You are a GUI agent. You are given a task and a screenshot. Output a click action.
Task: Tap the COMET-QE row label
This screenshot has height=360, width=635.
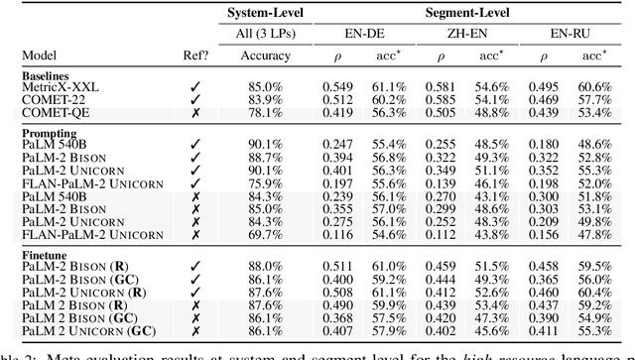click(x=41, y=112)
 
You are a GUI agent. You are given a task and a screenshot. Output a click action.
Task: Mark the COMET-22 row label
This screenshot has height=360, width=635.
click(x=39, y=100)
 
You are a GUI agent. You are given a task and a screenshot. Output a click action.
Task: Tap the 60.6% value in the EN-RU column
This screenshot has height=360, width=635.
click(x=604, y=88)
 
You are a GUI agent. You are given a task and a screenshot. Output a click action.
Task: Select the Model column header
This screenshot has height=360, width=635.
click(x=26, y=57)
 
